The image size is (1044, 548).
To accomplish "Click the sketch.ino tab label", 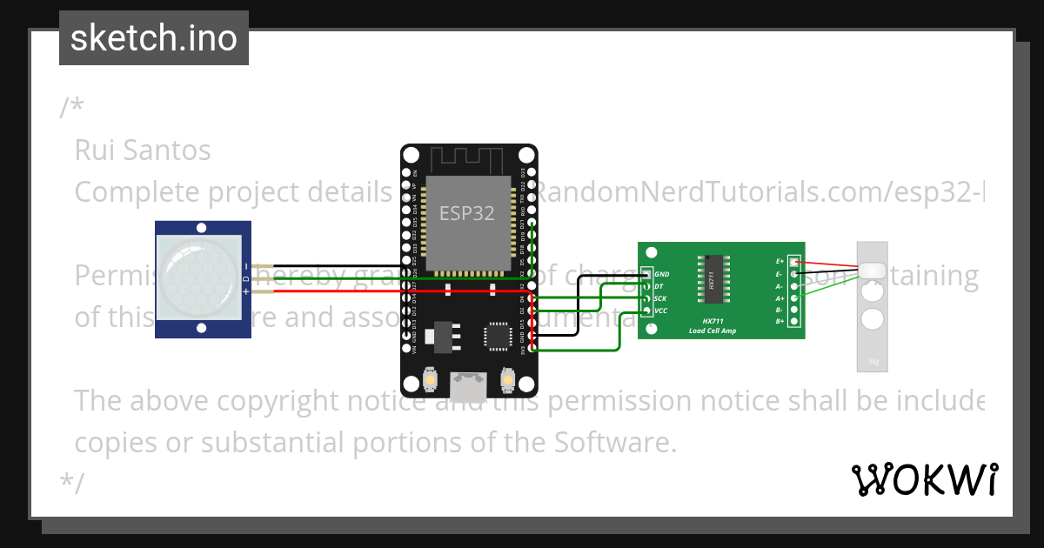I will tap(154, 38).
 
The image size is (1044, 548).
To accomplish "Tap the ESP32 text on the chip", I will tap(467, 213).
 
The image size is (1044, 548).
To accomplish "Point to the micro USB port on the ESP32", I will tap(468, 382).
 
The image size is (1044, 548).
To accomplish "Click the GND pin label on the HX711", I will tap(662, 274).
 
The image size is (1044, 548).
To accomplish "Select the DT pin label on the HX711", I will tap(659, 286).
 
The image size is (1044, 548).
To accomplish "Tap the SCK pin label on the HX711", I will tap(660, 298).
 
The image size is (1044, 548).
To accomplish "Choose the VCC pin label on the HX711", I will tap(661, 311).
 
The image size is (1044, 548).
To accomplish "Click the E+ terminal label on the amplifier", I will tap(780, 261).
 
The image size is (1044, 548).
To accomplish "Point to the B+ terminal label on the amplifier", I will tap(780, 322).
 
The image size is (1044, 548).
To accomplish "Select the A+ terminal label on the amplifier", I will tap(780, 297).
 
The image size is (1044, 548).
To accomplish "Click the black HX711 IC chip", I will tap(712, 280).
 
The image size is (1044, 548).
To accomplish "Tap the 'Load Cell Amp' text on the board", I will tap(713, 331).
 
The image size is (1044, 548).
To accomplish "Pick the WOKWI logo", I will tap(924, 479).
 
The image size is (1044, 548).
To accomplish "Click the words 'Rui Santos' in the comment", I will tap(143, 150).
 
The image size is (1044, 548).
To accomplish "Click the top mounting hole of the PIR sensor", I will tap(202, 228).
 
